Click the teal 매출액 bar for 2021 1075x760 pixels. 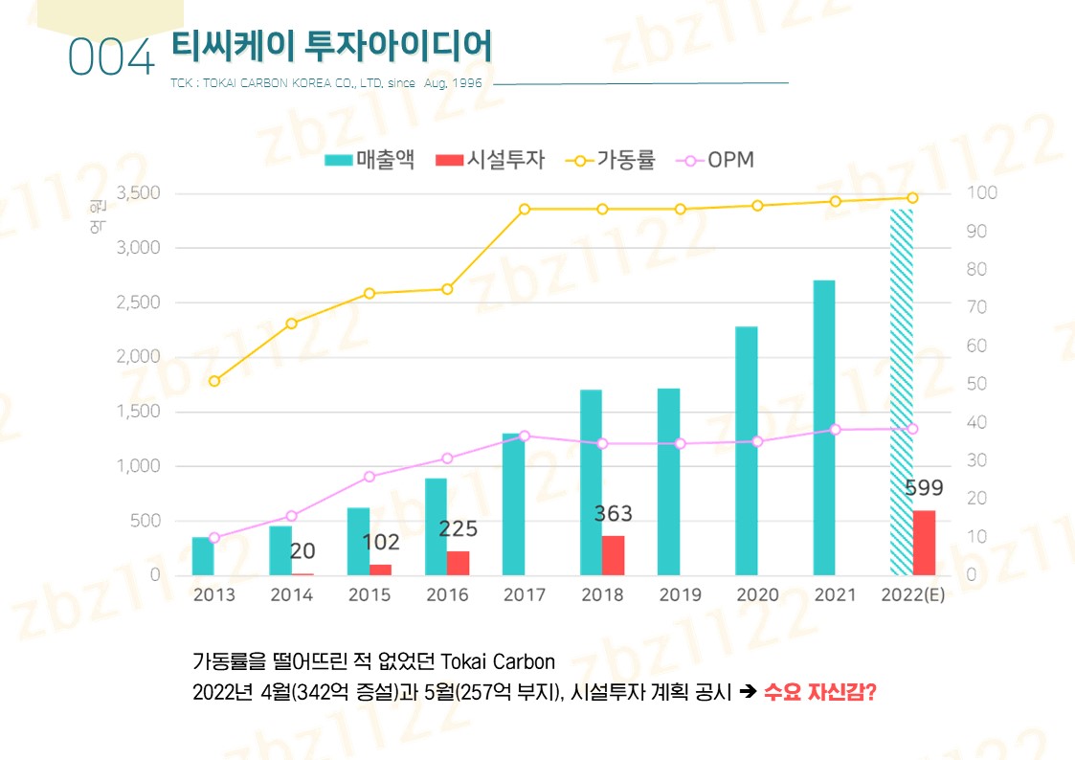pyautogui.click(x=824, y=428)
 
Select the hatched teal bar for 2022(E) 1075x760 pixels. pyautogui.click(x=901, y=392)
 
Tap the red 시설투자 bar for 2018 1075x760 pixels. pyautogui.click(x=613, y=555)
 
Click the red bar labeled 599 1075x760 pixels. pyautogui.click(x=924, y=543)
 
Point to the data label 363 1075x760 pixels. pyautogui.click(x=613, y=514)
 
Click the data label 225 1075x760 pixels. pyautogui.click(x=458, y=529)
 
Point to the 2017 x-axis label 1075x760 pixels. pyautogui.click(x=525, y=595)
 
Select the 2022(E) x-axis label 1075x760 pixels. pyautogui.click(x=912, y=595)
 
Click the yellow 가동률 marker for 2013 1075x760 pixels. pyautogui.click(x=214, y=381)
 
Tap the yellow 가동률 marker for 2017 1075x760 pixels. pyautogui.click(x=525, y=209)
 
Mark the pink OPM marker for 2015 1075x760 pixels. pyautogui.click(x=370, y=477)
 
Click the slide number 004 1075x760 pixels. pyautogui.click(x=111, y=59)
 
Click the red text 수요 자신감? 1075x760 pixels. pyautogui.click(x=820, y=692)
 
